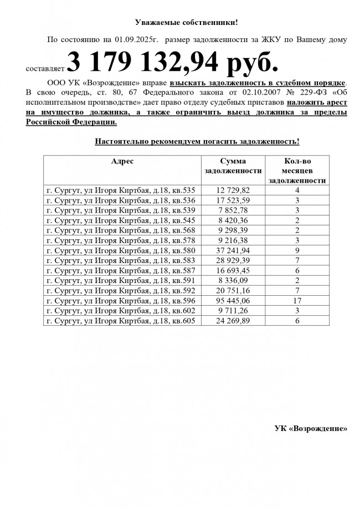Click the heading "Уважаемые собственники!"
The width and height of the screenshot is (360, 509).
point(186,22)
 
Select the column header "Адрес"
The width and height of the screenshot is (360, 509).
point(122,161)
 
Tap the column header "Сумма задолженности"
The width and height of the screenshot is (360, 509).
point(233,166)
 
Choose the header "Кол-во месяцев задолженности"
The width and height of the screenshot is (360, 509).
point(297,171)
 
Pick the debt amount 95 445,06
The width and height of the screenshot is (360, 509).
point(233,300)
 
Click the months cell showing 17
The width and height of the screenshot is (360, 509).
point(297,300)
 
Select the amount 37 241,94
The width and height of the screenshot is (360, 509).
point(233,250)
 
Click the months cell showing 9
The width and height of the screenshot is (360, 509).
point(297,250)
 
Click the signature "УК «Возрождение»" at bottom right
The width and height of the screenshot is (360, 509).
point(311,428)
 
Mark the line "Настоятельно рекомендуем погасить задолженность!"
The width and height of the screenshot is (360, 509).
point(197,141)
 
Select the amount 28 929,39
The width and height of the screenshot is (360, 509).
point(233,260)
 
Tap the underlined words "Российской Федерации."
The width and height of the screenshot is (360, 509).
point(71,122)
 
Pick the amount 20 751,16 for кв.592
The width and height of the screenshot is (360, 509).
point(233,290)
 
